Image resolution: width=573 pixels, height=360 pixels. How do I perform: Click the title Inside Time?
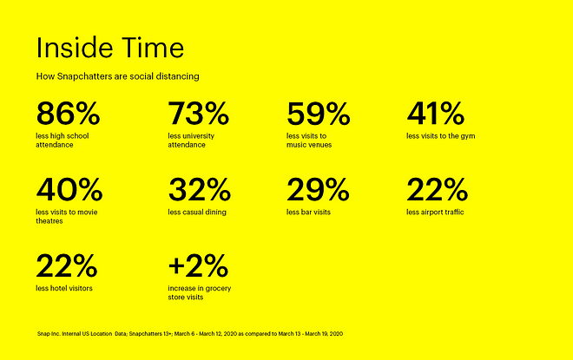[110, 48]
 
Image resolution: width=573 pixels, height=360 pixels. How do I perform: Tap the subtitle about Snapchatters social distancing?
[118, 76]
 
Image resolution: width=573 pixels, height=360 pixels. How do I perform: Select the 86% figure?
[68, 114]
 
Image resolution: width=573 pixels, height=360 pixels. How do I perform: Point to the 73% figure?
[199, 114]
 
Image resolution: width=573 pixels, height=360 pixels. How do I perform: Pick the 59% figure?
[319, 114]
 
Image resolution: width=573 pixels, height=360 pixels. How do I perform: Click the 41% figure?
[436, 114]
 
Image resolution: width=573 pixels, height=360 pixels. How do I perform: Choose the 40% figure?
[69, 189]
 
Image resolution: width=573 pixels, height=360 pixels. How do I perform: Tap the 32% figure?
[200, 189]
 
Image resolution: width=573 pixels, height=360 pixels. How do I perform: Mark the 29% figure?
[318, 189]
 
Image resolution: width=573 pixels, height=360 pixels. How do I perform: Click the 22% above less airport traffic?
[437, 189]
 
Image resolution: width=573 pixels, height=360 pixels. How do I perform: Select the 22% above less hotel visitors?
[67, 265]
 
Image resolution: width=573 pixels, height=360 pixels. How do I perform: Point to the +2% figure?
[198, 265]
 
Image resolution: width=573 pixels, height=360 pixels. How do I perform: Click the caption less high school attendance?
[63, 141]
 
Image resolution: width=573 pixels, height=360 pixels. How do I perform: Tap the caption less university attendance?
[191, 141]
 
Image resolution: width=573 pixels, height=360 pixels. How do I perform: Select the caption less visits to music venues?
[309, 141]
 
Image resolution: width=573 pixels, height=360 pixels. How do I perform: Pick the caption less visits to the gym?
[441, 136]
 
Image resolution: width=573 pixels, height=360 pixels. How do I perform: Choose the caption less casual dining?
[197, 213]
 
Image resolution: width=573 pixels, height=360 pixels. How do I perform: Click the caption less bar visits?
[308, 213]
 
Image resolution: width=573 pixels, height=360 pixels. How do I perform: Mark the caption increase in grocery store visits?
[200, 292]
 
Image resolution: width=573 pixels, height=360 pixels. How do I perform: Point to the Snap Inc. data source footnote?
[190, 334]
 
